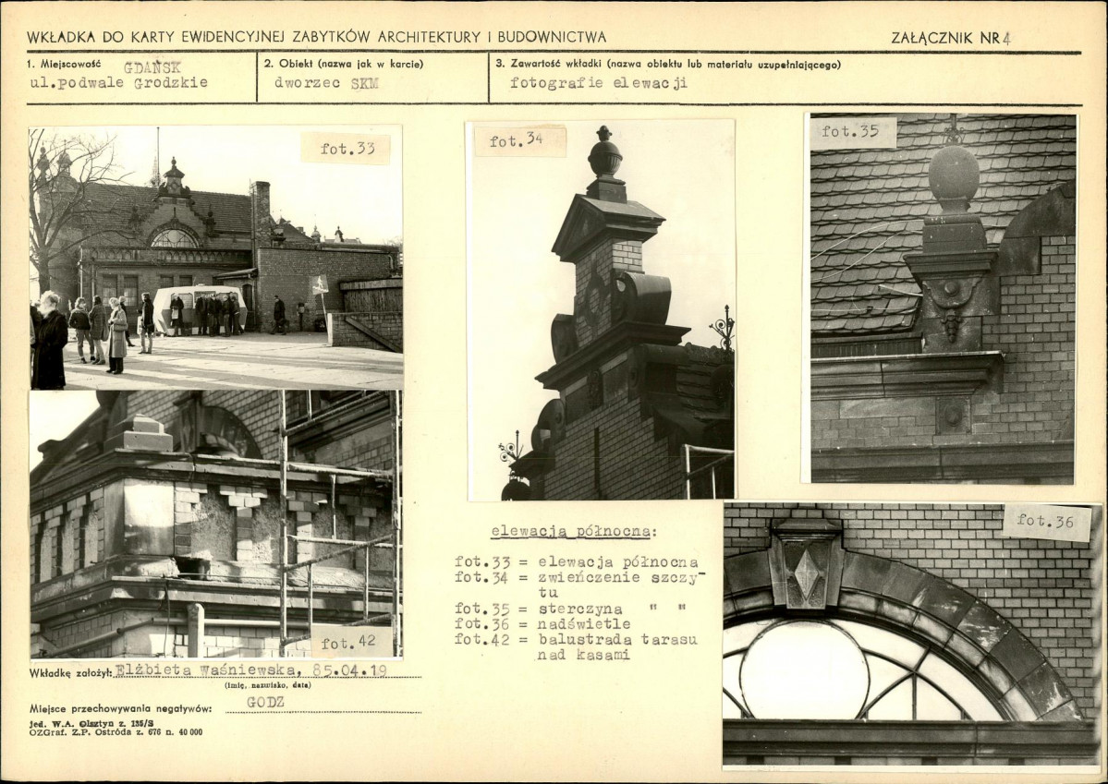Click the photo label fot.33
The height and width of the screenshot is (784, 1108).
point(347,149)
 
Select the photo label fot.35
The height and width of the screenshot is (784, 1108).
point(850,131)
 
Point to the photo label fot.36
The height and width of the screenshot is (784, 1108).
point(1045,521)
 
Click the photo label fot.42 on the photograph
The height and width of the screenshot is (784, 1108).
point(347,644)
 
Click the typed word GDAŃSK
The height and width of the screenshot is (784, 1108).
point(152,67)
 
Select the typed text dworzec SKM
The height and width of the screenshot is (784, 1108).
point(326,82)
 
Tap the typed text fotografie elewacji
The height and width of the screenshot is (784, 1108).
point(599,82)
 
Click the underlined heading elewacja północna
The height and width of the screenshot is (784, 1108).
point(574,532)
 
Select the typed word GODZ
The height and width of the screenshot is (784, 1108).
point(266,702)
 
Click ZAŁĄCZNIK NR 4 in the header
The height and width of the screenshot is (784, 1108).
point(950,38)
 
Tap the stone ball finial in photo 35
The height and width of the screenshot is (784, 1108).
point(954,173)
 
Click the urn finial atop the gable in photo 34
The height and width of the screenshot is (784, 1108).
point(605,155)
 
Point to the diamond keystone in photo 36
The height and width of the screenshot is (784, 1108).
point(806,573)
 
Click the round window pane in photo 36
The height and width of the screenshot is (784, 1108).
point(803,669)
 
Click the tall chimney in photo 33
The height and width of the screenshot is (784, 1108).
point(261,214)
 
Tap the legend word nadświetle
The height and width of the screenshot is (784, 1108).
point(584,623)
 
